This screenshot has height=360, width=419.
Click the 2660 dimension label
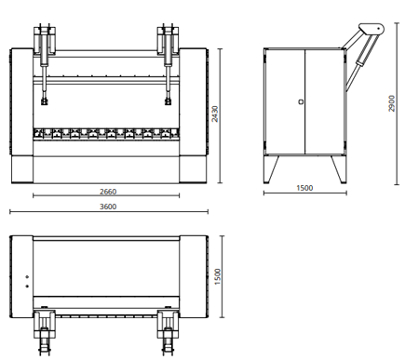[x=108, y=192]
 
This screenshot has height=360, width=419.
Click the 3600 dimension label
[x=108, y=207]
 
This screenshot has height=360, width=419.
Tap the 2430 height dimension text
[x=215, y=113]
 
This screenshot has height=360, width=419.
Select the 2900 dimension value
[x=392, y=103]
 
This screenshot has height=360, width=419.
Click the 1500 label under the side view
[x=304, y=188]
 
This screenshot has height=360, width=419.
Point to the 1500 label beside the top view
[x=218, y=276]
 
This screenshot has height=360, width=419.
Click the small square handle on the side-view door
[x=301, y=101]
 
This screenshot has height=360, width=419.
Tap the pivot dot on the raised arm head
[x=379, y=29]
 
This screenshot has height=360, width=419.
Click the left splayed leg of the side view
[x=271, y=169]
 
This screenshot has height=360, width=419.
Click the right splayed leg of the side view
[x=338, y=169]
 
